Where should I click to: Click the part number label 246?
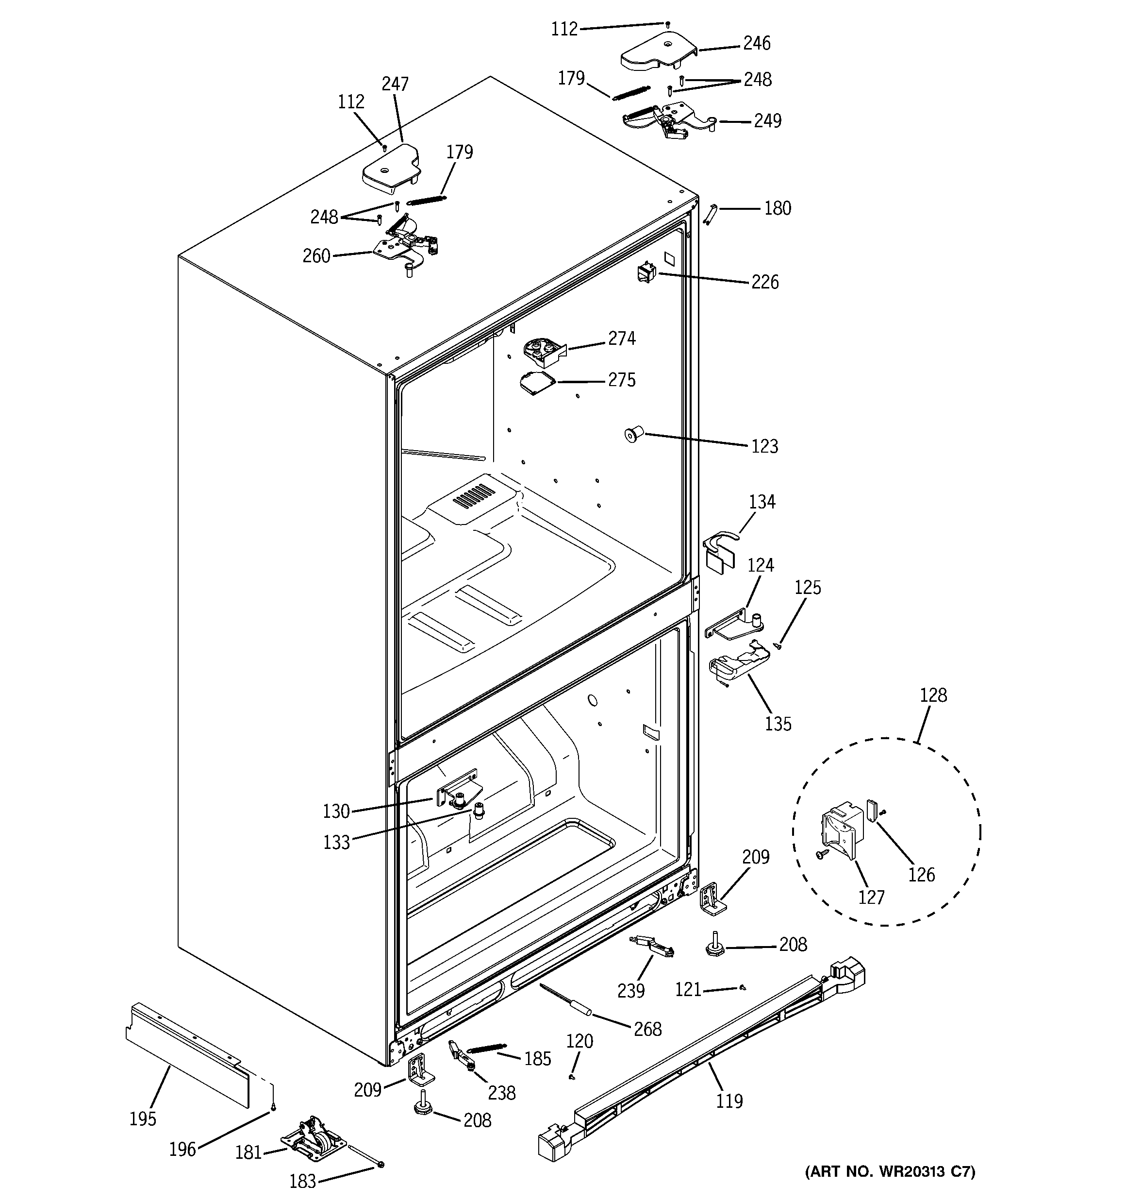[x=756, y=43]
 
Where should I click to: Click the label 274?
[x=621, y=338]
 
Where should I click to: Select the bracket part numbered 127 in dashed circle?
[x=842, y=829]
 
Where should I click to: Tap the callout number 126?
[x=921, y=874]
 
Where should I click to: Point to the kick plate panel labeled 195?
[x=187, y=1055]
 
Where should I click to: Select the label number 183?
[x=302, y=1181]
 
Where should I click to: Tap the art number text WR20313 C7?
[x=890, y=1171]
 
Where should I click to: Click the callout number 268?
[x=647, y=1029]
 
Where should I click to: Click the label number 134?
[x=762, y=501]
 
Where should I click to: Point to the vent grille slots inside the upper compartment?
[x=474, y=495]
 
